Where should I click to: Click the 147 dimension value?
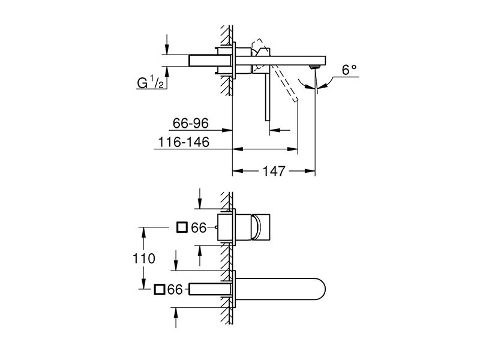point(274,171)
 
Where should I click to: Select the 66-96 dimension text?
point(190,124)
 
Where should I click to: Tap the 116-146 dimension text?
point(184,142)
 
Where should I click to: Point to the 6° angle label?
point(349,70)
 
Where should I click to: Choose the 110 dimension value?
point(144,259)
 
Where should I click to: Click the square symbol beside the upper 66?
point(182,227)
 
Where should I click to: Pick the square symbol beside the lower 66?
point(160,290)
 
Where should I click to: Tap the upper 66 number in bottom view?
point(199,228)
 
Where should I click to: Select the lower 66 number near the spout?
point(175,290)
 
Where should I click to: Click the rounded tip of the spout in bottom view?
point(324,290)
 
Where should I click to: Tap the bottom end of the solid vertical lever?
point(267,121)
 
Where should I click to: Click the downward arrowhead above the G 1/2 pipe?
point(167,49)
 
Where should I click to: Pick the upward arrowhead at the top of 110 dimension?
point(143,232)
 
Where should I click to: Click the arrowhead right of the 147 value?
point(310,171)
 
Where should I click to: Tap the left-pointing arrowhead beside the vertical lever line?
point(275,130)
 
